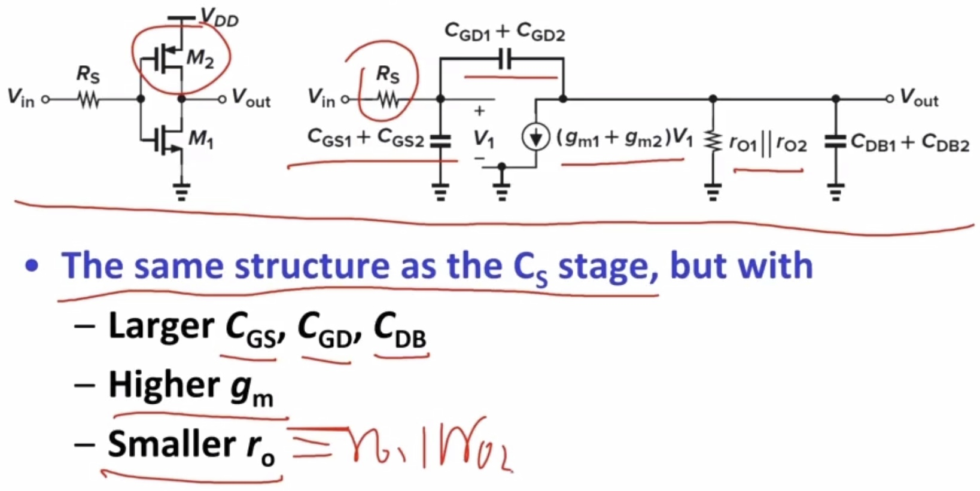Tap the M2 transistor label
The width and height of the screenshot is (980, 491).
[x=200, y=59]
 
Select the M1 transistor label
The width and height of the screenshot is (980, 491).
[x=201, y=139]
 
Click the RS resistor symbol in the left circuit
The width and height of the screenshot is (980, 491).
[x=89, y=99]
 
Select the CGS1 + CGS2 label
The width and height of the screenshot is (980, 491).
[x=365, y=138]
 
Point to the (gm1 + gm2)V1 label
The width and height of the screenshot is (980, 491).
[x=625, y=138]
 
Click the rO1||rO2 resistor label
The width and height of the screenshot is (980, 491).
[x=768, y=144]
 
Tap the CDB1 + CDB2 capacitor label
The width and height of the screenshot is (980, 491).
[x=909, y=142]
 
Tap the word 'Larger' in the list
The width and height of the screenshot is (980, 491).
[x=161, y=327]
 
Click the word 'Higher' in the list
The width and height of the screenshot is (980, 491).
[x=164, y=385]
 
